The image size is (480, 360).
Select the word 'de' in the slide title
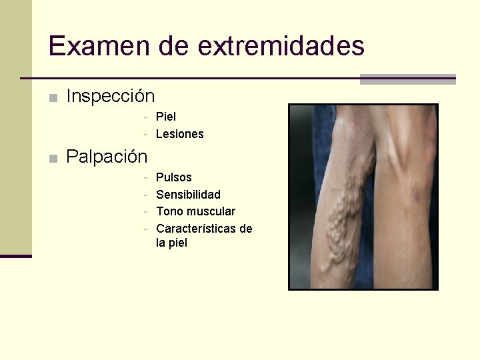[x=174, y=46]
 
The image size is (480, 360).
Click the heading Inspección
[x=111, y=97]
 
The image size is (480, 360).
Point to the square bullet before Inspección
[x=53, y=98]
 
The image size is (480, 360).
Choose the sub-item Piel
[x=166, y=117]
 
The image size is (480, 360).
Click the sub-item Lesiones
[x=179, y=134]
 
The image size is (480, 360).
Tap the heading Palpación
[x=107, y=157]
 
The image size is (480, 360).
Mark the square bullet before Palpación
[x=53, y=159]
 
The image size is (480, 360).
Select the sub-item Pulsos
[x=173, y=177]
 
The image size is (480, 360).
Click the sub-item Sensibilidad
[x=188, y=195]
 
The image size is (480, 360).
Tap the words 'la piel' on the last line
[x=171, y=243]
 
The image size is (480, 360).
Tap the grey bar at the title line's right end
[x=407, y=79]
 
